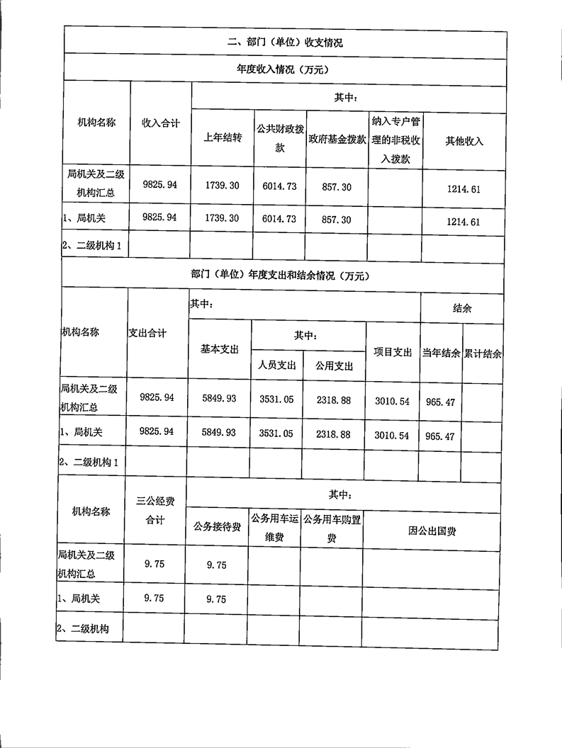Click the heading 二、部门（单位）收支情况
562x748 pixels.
click(x=285, y=42)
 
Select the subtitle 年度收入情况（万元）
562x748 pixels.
click(x=285, y=69)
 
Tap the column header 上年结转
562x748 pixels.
click(x=223, y=139)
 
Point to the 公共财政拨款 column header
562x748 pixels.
click(x=279, y=140)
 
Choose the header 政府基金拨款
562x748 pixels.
click(x=337, y=140)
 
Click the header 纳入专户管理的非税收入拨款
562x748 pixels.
click(x=395, y=140)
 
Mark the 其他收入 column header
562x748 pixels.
click(x=464, y=141)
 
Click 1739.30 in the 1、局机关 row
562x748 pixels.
click(x=223, y=220)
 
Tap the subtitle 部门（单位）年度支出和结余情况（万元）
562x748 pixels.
click(x=281, y=276)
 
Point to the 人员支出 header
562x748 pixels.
click(x=276, y=365)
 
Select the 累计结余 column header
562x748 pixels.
click(x=483, y=353)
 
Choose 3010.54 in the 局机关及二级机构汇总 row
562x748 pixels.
click(x=393, y=401)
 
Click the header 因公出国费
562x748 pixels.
click(x=432, y=530)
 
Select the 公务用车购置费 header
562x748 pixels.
click(x=332, y=528)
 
